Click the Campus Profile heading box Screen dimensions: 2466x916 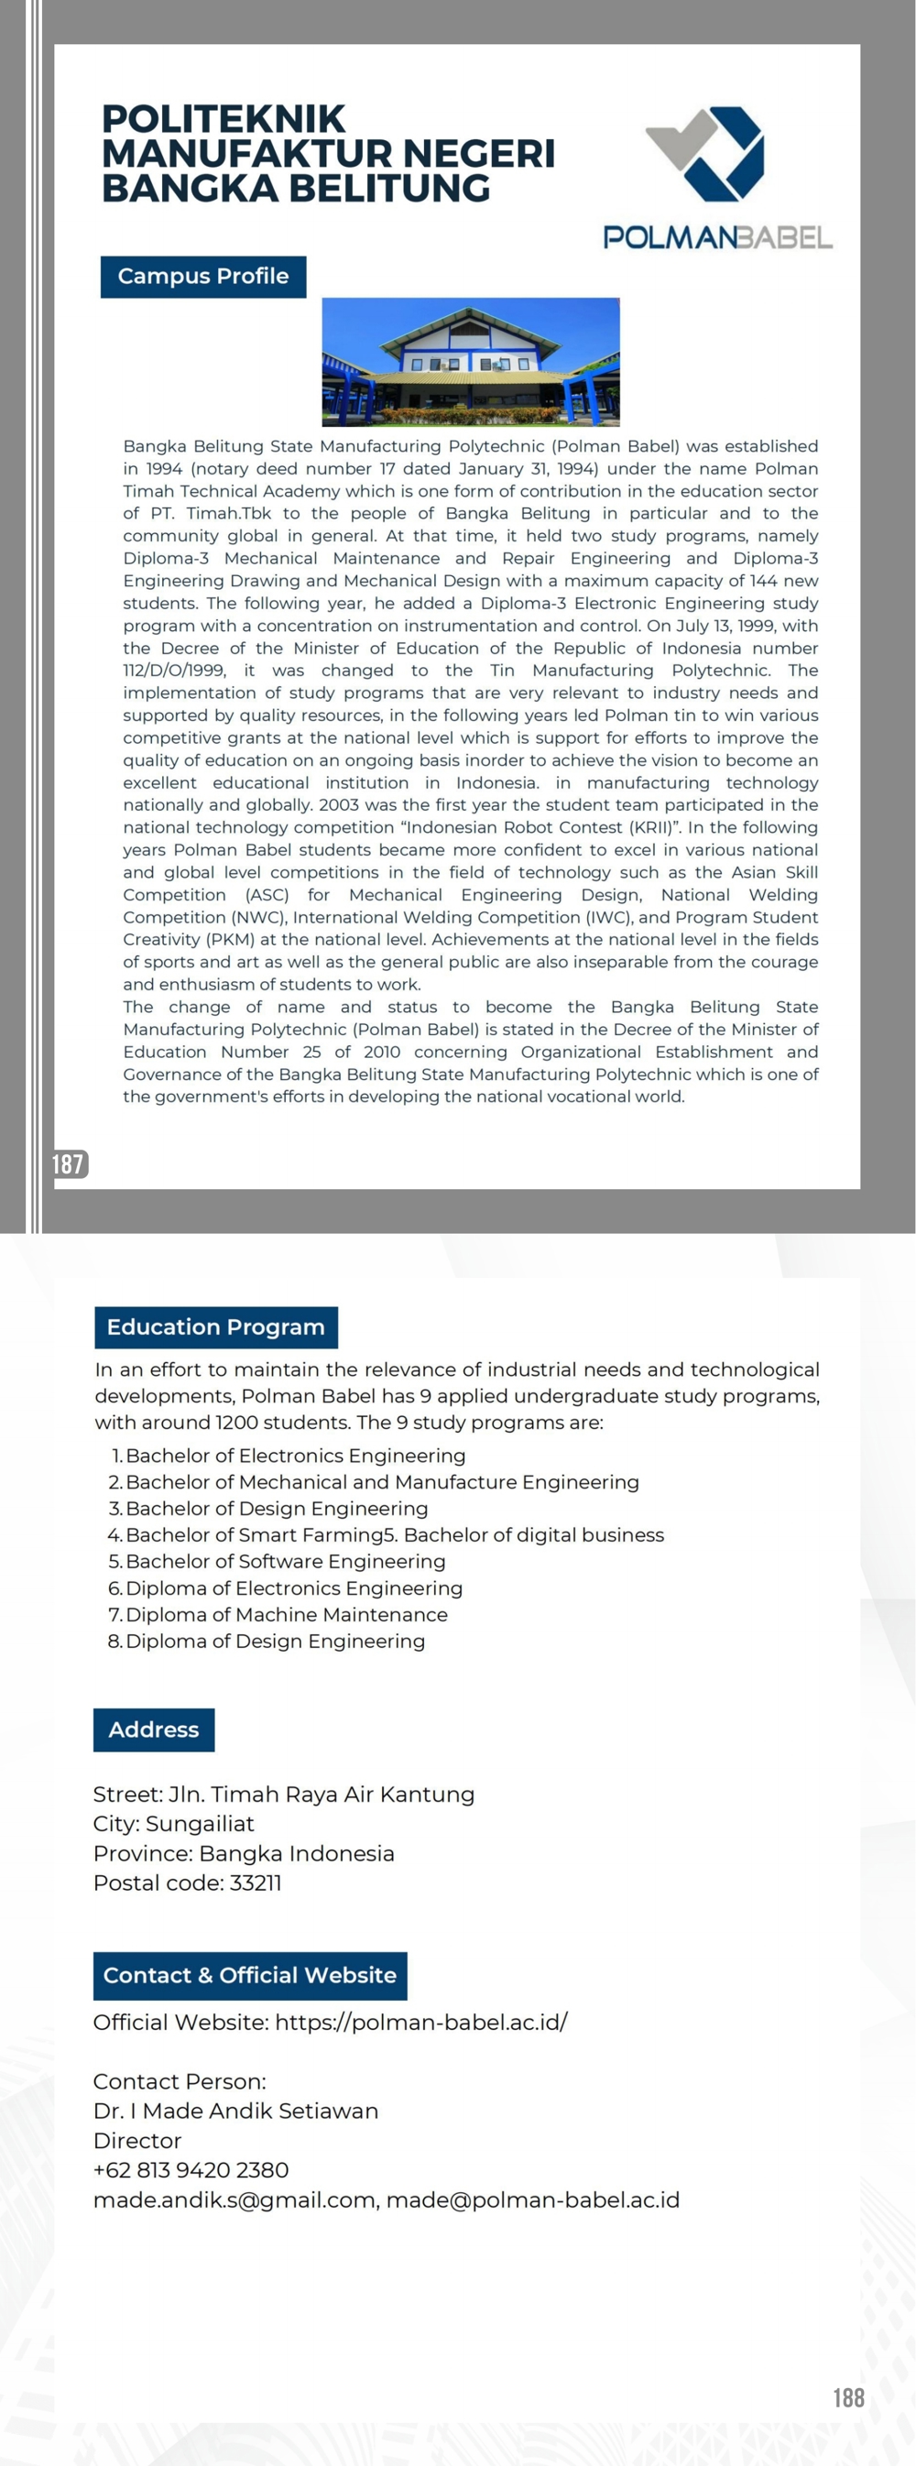point(203,277)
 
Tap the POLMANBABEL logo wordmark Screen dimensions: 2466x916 point(717,237)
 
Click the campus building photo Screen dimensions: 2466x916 point(470,362)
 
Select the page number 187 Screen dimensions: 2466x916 point(68,1163)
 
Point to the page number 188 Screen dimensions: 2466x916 point(848,2397)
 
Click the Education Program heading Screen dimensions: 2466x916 point(215,1326)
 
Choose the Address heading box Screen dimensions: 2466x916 point(153,1729)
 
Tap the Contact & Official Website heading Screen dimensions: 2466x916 point(250,1975)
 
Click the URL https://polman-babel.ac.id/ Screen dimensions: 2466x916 point(421,2022)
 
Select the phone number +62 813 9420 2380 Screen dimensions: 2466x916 point(191,2170)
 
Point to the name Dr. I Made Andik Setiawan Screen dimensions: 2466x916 point(235,2111)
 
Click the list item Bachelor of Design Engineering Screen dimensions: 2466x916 point(277,1508)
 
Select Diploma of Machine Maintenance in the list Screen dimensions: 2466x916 point(286,1614)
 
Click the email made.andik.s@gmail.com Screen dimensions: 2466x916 point(234,2199)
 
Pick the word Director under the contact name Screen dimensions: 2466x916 point(136,2141)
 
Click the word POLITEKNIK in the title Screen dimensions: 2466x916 point(223,120)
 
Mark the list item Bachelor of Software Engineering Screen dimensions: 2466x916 point(285,1561)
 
